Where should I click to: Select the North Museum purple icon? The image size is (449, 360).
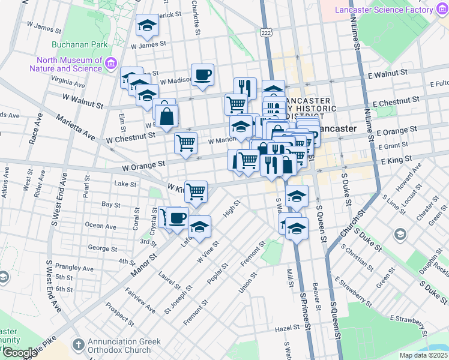pyautogui.click(x=110, y=64)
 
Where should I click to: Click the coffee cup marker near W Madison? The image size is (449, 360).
pyautogui.click(x=203, y=75)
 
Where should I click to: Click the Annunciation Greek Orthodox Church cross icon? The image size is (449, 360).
pyautogui.click(x=78, y=345)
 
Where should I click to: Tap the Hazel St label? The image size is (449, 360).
pyautogui.click(x=288, y=328)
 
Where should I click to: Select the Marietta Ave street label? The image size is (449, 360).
pyautogui.click(x=76, y=127)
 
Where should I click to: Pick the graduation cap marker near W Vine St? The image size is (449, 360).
pyautogui.click(x=200, y=227)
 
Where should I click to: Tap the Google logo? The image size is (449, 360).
pyautogui.click(x=19, y=353)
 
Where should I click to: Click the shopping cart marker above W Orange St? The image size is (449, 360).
pyautogui.click(x=186, y=143)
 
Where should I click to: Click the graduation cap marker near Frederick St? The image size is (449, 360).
pyautogui.click(x=147, y=25)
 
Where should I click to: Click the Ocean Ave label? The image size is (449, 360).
pyautogui.click(x=101, y=226)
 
